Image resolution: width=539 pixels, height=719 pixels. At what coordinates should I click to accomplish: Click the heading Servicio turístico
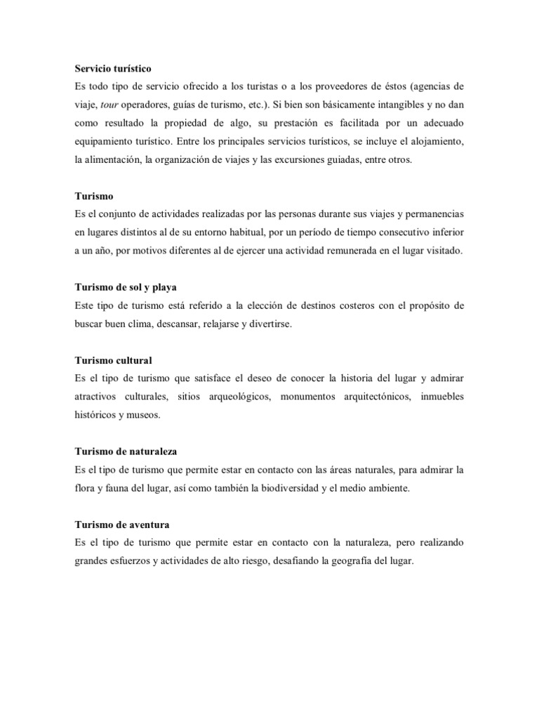pyautogui.click(x=113, y=69)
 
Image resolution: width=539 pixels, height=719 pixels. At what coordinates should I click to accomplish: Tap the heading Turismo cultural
pyautogui.click(x=112, y=360)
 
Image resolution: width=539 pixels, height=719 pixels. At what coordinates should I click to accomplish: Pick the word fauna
pyautogui.click(x=120, y=488)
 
